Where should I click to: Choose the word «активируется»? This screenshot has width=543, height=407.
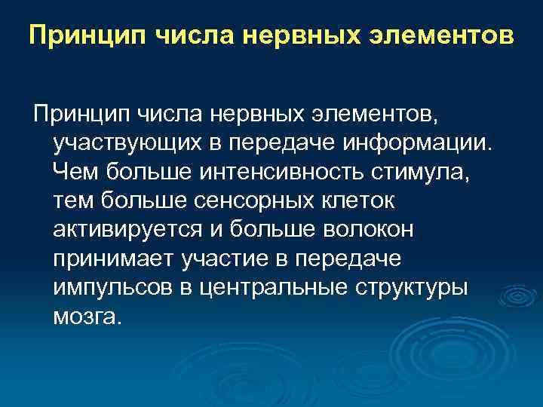127,229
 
